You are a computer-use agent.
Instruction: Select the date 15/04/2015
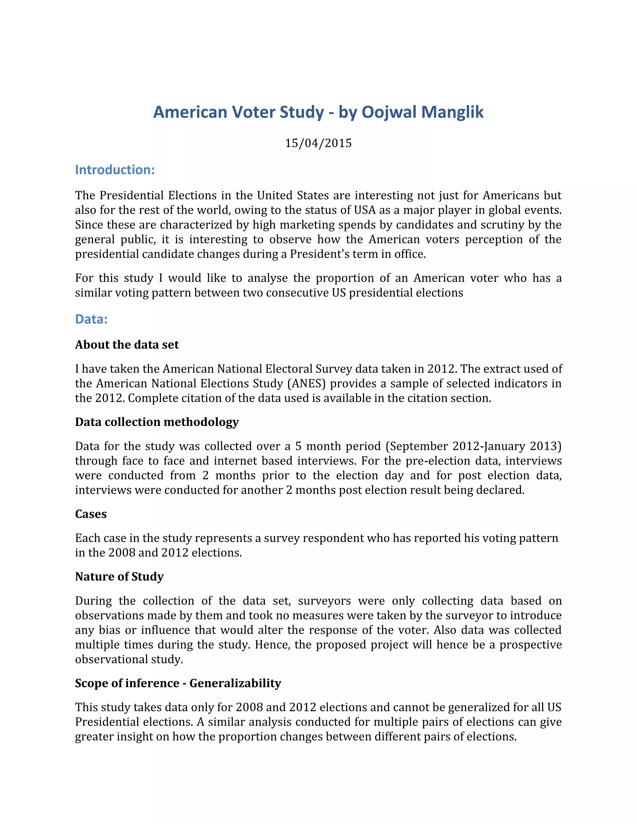click(x=318, y=143)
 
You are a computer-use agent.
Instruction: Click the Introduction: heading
click(x=115, y=170)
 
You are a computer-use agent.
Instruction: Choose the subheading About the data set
click(x=127, y=345)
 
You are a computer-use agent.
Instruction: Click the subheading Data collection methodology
click(x=157, y=422)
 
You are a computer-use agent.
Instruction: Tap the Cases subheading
click(x=91, y=514)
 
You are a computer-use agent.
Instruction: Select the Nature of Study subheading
click(x=119, y=576)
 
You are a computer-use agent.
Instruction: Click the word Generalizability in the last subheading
click(x=235, y=683)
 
